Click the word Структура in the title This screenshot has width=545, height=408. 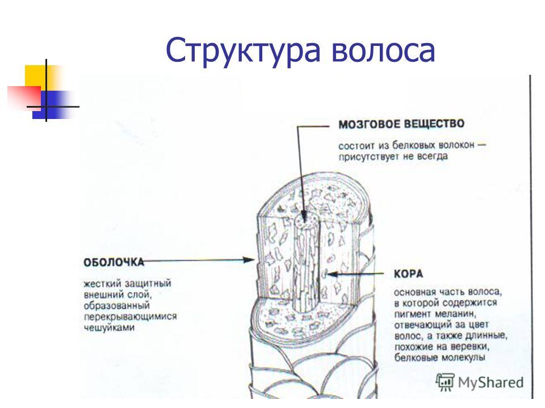(x=242, y=51)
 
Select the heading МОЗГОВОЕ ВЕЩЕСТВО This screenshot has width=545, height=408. (x=401, y=124)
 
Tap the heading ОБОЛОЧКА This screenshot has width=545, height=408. (x=114, y=262)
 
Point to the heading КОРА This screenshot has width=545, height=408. (x=408, y=274)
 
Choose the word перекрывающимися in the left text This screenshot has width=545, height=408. (x=131, y=317)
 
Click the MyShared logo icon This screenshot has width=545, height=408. (x=445, y=382)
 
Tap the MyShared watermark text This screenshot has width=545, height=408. (x=491, y=383)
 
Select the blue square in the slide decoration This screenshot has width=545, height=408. (x=52, y=105)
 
